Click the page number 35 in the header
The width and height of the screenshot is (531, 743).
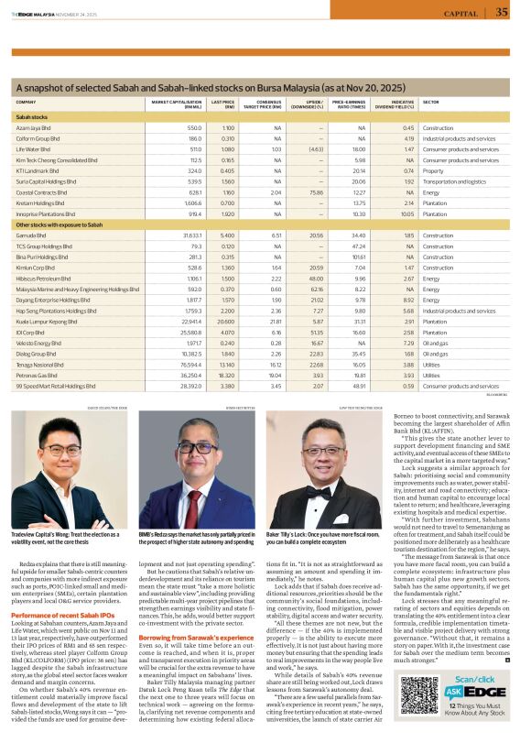(501, 12)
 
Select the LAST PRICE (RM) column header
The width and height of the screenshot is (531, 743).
(222, 104)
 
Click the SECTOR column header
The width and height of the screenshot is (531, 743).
(430, 103)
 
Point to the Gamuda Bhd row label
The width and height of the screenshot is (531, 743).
(35, 235)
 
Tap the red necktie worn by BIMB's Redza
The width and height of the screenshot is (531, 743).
(194, 499)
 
